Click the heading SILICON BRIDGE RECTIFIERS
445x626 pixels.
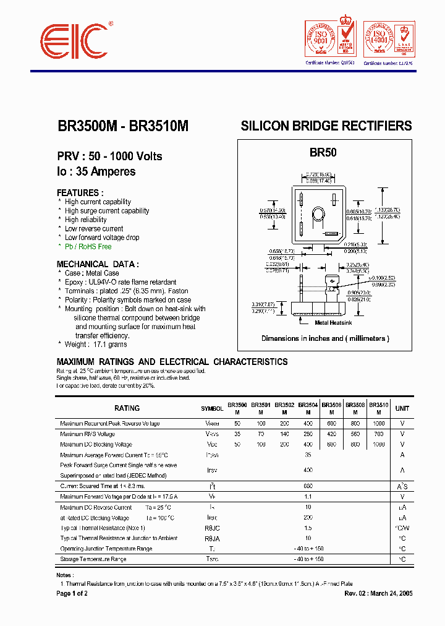[x=326, y=126]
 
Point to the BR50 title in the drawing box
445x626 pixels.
[x=323, y=152]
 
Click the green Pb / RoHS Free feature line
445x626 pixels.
[x=88, y=246]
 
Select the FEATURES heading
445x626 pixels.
[x=80, y=192]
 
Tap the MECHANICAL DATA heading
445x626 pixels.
[x=98, y=264]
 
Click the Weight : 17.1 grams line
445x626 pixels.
[x=96, y=344]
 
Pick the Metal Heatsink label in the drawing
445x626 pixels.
[x=334, y=322]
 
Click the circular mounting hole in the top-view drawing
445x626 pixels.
[x=318, y=215]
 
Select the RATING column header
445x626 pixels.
[x=127, y=408]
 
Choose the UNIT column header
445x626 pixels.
[x=402, y=408]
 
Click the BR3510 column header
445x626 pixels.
[x=379, y=405]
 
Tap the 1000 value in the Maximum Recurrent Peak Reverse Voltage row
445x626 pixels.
[x=379, y=424]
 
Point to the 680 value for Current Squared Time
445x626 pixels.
[x=308, y=486]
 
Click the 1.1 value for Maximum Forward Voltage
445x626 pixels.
[x=308, y=497]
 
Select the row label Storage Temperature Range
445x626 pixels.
[x=93, y=559]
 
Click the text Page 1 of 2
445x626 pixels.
[x=72, y=593]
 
